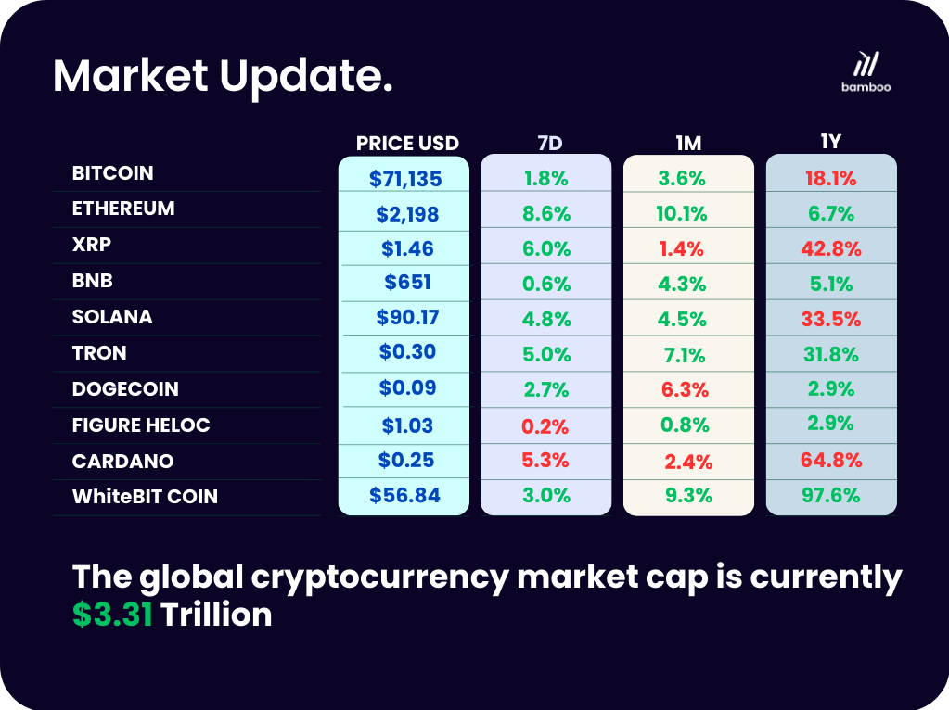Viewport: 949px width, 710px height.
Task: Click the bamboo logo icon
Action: tap(866, 63)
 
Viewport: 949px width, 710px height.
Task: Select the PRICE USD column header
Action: tap(407, 144)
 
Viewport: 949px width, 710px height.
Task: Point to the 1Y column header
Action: tap(830, 142)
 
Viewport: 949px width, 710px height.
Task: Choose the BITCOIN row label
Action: tap(113, 173)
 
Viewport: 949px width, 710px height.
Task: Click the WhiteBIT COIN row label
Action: tap(145, 497)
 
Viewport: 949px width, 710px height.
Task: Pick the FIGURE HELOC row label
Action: tap(141, 425)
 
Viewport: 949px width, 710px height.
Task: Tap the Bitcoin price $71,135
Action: tap(405, 179)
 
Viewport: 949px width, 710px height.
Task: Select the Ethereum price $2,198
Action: tap(407, 214)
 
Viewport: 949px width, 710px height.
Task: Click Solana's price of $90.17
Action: tap(407, 317)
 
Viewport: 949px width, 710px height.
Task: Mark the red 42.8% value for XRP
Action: tap(831, 249)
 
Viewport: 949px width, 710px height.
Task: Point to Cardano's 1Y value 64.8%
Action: tap(831, 460)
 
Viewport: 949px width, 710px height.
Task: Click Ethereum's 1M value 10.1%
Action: tap(681, 214)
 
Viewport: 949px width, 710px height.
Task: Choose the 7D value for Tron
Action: tap(545, 354)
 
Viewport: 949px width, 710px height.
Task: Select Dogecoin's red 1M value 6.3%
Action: tap(685, 390)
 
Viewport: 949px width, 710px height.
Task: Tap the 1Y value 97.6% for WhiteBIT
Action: tap(830, 496)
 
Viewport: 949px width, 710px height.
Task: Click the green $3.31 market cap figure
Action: tap(113, 615)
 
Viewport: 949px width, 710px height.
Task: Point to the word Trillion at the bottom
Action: tap(216, 615)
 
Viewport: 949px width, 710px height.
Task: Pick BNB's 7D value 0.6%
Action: tap(545, 285)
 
